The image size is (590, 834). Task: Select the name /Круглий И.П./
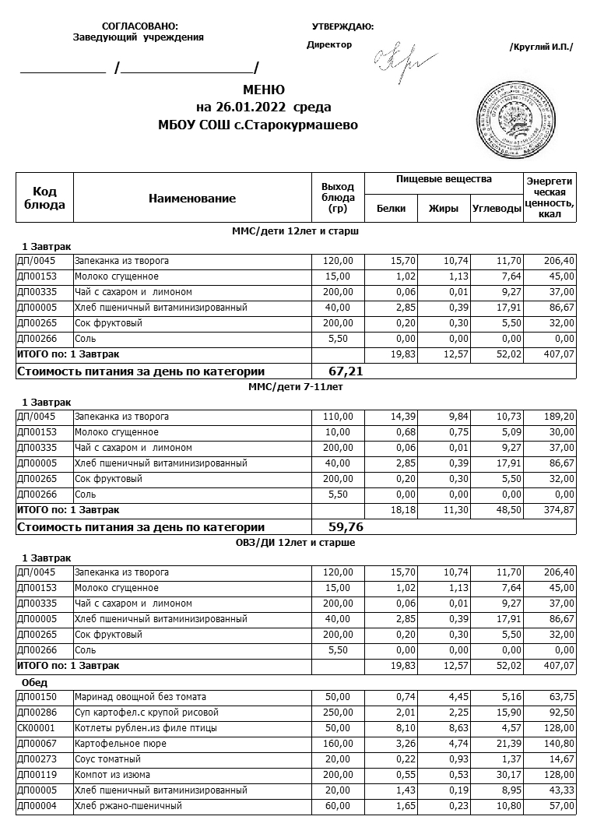541,47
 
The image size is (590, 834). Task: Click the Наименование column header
191,199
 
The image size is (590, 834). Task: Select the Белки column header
391,208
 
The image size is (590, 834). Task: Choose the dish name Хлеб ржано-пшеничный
128,805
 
